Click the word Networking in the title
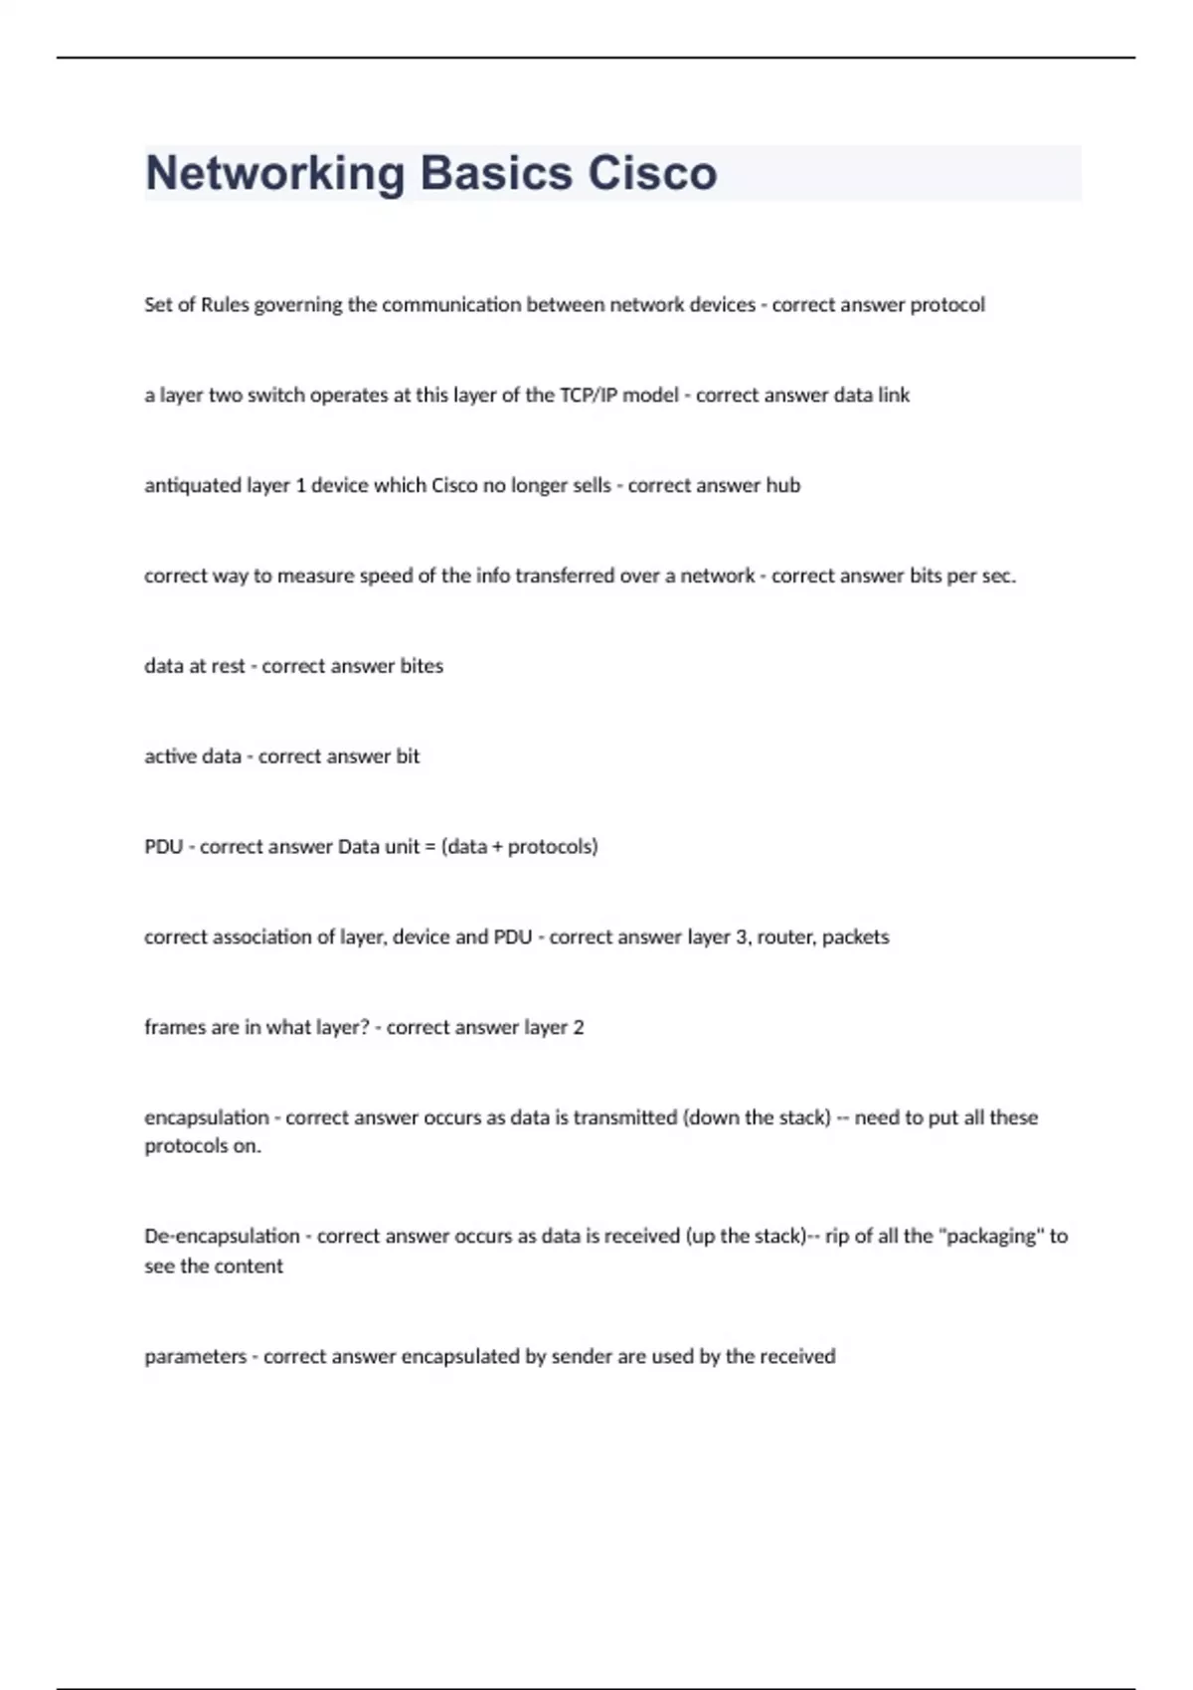(274, 174)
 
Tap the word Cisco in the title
(652, 174)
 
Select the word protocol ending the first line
(947, 305)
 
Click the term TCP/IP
(589, 395)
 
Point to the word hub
(782, 485)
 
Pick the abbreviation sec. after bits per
(999, 576)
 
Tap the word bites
(422, 666)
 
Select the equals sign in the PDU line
(429, 847)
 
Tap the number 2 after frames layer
(579, 1028)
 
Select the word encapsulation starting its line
(207, 1117)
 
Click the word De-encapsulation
(222, 1237)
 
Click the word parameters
(195, 1357)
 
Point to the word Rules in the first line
(225, 305)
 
